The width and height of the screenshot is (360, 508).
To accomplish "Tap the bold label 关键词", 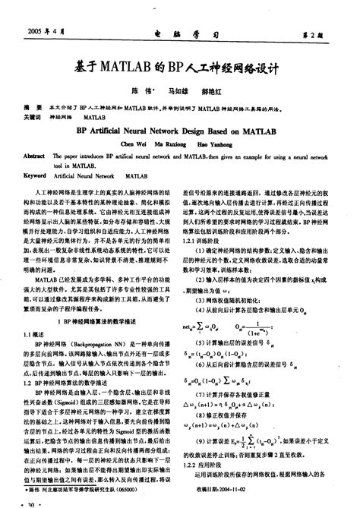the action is (x=35, y=118).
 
